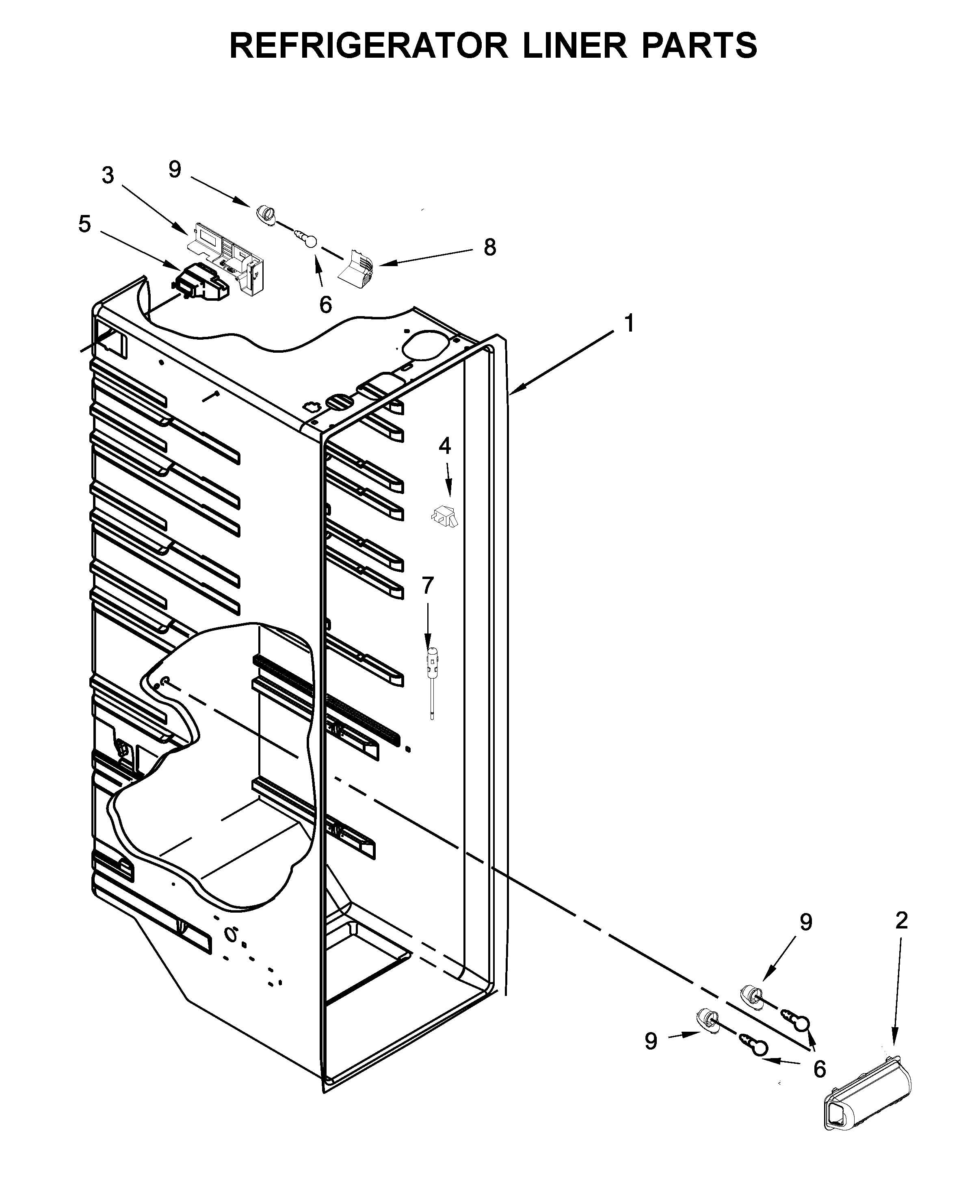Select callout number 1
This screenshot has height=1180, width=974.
tap(630, 323)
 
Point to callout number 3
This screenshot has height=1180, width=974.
tap(108, 176)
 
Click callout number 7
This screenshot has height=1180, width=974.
tap(428, 585)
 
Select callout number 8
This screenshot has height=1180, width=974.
tap(490, 247)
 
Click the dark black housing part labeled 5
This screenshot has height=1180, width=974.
tap(202, 282)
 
